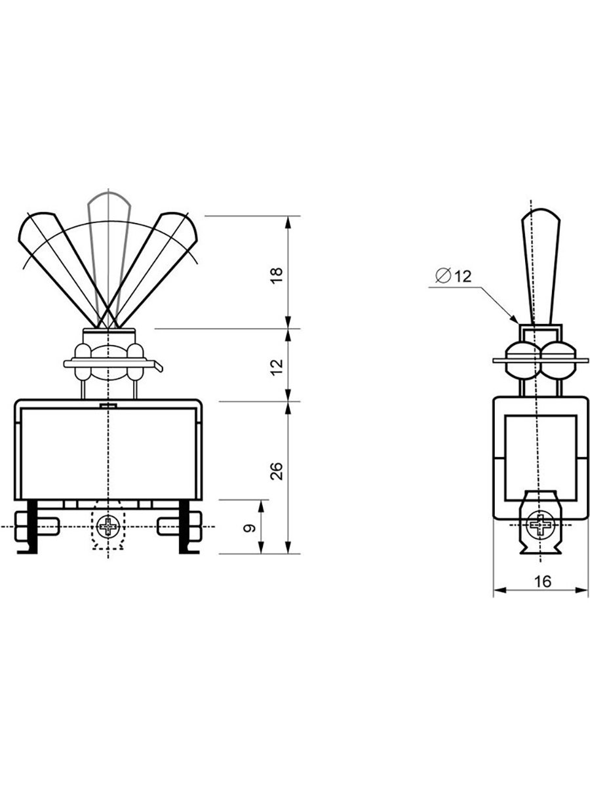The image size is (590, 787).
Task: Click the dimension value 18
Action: [x=277, y=275]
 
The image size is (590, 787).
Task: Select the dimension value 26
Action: [x=277, y=472]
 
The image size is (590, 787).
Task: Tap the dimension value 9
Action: [x=249, y=528]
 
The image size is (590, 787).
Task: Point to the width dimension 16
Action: [x=543, y=582]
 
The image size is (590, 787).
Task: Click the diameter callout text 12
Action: [x=462, y=276]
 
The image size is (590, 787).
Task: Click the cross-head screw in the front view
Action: [x=108, y=527]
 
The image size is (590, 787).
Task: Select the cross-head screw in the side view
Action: [x=539, y=525]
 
